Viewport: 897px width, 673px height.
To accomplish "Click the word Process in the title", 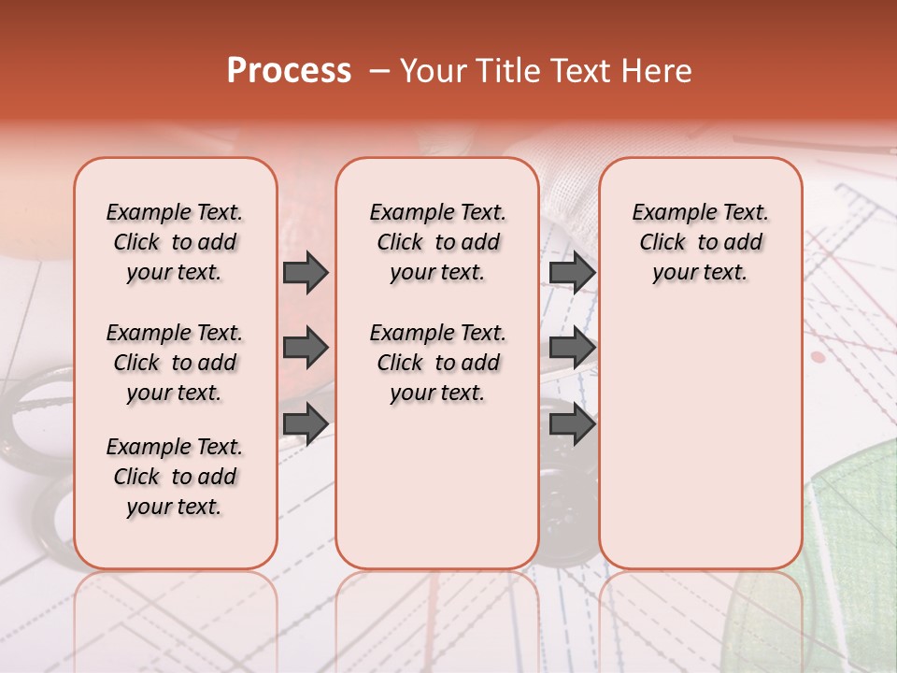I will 289,71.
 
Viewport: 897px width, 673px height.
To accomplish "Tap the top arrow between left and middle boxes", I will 306,272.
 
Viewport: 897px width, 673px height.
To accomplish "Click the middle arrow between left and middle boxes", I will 306,349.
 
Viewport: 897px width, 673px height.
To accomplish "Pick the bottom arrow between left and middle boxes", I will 306,424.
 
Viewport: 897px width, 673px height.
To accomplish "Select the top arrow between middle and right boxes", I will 572,272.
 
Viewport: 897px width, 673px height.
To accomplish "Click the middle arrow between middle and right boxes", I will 572,349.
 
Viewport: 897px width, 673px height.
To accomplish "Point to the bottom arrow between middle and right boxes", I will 572,424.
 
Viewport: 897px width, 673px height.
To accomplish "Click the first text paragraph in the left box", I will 175,242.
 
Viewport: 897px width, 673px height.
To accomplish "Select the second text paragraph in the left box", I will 175,363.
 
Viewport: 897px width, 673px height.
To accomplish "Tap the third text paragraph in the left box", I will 175,477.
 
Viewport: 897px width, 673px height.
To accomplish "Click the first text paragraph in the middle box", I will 438,242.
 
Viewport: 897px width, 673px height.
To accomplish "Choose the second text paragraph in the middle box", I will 438,363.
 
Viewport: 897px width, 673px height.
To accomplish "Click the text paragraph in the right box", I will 701,242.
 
